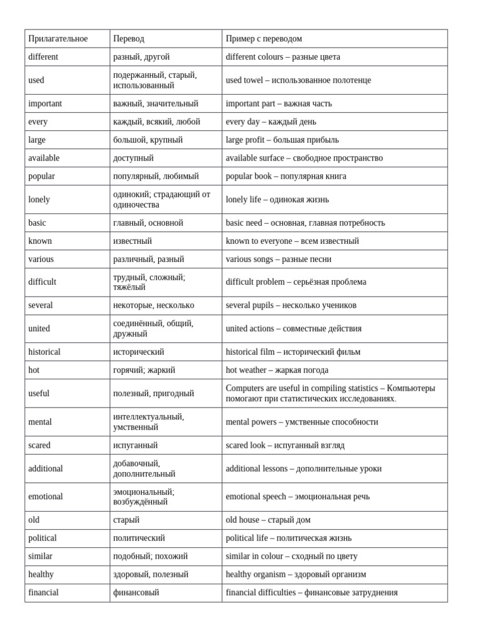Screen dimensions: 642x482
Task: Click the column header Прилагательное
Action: pyautogui.click(x=58, y=39)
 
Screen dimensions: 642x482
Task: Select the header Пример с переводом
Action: pyautogui.click(x=264, y=39)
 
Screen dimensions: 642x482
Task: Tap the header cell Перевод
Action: pyautogui.click(x=129, y=39)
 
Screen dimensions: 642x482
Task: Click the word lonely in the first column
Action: pyautogui.click(x=39, y=199)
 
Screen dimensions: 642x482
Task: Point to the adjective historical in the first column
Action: pyautogui.click(x=45, y=352)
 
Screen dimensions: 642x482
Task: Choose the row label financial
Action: pyautogui.click(x=43, y=592)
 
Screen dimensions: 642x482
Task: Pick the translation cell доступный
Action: pyautogui.click(x=133, y=158)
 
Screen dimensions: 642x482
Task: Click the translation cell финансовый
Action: pyautogui.click(x=136, y=592)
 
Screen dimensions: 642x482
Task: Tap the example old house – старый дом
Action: pyautogui.click(x=268, y=520)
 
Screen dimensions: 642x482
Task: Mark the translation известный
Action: pyautogui.click(x=132, y=241)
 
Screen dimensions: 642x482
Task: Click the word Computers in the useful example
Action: pyautogui.click(x=245, y=388)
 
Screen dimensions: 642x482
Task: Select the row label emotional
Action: pyautogui.click(x=45, y=497)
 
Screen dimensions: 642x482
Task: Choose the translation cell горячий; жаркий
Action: pyautogui.click(x=144, y=370)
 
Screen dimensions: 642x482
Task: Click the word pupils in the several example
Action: pyautogui.click(x=262, y=305)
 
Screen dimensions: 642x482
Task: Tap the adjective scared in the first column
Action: pyautogui.click(x=39, y=445)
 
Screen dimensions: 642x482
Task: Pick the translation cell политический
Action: pyautogui.click(x=139, y=538)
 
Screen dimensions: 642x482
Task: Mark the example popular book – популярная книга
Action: pyautogui.click(x=286, y=176)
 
